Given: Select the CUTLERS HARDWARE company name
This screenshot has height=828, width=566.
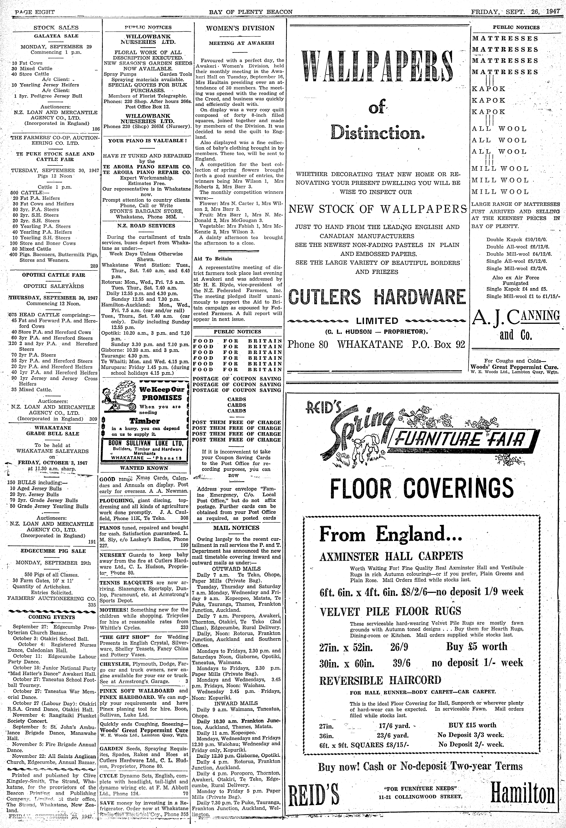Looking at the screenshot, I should click(377, 297).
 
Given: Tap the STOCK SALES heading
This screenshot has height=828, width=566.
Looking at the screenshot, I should click(56, 27).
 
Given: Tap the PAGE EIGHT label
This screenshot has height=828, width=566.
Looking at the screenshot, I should click(35, 12).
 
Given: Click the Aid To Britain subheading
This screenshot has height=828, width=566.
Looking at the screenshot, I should click(213, 259).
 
